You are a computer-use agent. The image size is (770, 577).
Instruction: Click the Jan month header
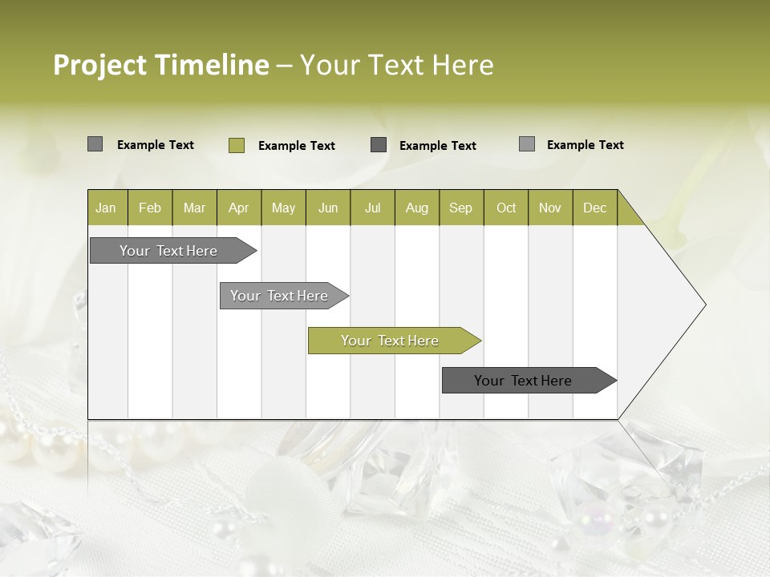point(107,208)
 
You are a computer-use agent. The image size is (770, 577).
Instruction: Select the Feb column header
point(150,208)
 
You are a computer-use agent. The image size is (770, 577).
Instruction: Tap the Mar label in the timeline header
point(194,208)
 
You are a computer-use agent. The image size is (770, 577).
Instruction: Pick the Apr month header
point(239,208)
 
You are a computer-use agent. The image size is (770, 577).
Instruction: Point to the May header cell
point(283,208)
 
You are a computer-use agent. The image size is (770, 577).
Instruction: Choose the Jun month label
point(328,208)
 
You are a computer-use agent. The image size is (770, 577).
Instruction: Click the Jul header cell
point(372,208)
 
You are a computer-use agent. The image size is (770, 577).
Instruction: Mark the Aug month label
point(417,208)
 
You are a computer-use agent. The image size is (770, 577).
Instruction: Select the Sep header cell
point(461,208)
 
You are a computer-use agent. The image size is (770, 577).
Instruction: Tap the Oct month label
point(506,208)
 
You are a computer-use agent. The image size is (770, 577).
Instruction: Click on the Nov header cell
point(550,208)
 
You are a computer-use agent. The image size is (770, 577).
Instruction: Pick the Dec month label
point(595,208)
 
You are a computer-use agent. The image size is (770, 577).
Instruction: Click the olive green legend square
point(236,145)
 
